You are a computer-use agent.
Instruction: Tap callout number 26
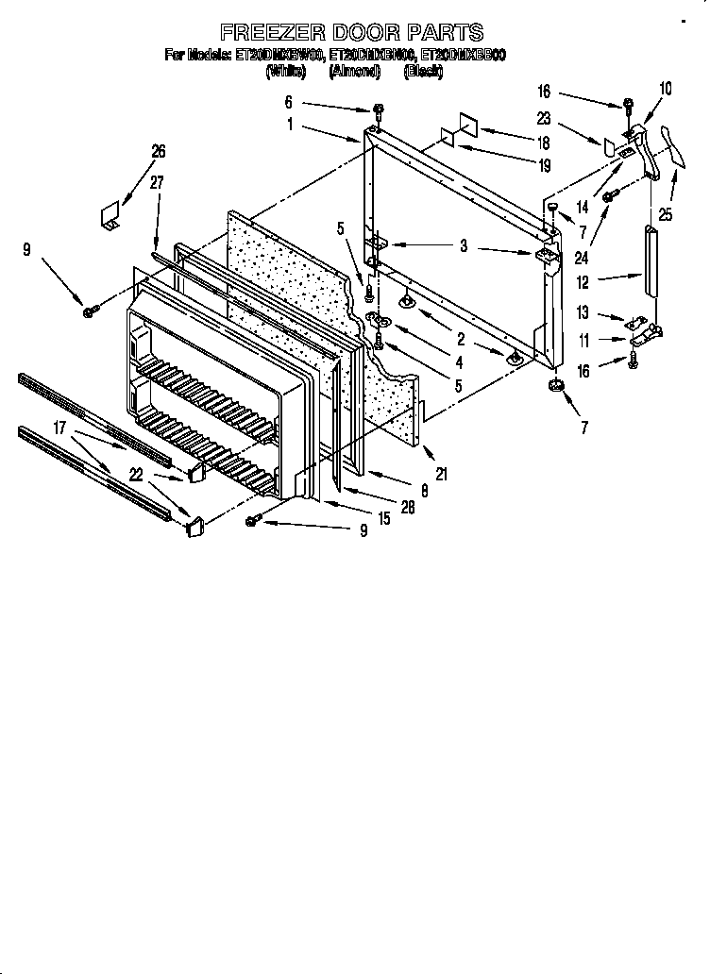(158, 150)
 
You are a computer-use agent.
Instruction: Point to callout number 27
(158, 183)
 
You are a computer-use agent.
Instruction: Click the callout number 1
(290, 123)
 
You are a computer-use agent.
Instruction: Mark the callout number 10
(666, 89)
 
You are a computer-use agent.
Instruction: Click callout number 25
(666, 215)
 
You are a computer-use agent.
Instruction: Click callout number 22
(138, 474)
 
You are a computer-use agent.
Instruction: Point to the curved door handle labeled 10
(651, 142)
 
